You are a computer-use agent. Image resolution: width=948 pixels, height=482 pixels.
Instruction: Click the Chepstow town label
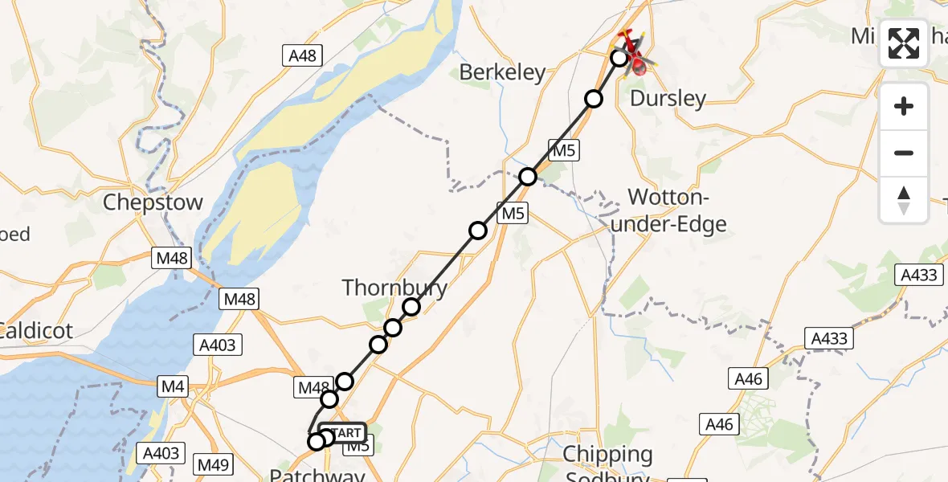[153, 202]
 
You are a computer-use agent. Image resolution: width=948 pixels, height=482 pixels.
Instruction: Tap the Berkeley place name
[502, 72]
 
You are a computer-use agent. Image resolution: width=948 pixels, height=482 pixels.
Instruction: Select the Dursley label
[668, 99]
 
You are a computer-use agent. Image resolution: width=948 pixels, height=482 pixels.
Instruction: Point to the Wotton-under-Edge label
[668, 210]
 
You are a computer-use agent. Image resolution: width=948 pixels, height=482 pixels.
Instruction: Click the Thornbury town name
[394, 288]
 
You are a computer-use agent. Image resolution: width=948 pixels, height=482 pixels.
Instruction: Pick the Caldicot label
[36, 329]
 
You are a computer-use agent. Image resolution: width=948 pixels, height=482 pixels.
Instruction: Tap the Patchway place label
[317, 476]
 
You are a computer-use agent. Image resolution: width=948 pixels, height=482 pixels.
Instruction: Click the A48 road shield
[303, 55]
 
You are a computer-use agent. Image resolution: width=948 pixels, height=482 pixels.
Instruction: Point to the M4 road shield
[174, 388]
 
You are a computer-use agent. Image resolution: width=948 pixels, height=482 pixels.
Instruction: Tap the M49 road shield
[213, 464]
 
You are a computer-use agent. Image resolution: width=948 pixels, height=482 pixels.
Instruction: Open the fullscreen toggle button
[904, 43]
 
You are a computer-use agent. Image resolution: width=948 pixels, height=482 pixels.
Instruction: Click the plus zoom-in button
[904, 106]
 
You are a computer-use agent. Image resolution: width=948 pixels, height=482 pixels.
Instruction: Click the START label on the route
[344, 432]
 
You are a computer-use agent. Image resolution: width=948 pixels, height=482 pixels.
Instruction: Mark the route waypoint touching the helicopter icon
[619, 58]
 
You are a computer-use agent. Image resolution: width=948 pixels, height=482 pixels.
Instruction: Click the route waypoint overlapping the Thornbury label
[411, 306]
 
